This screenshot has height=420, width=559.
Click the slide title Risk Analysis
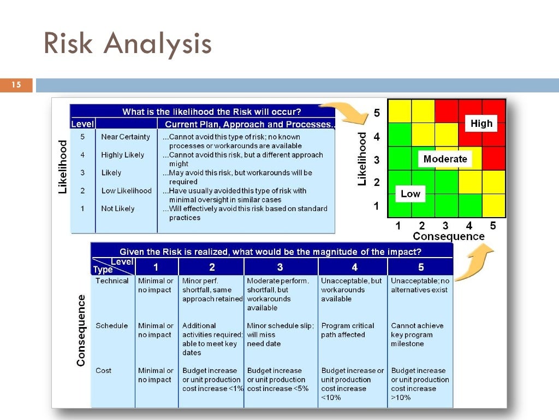pyautogui.click(x=128, y=44)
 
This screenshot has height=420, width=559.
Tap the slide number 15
pyautogui.click(x=16, y=85)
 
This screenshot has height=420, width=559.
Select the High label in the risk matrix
pyautogui.click(x=481, y=124)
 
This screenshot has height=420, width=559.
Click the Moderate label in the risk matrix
pyautogui.click(x=445, y=159)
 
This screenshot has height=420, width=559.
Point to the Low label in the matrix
pyautogui.click(x=411, y=194)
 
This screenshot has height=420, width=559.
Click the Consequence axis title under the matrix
pyautogui.click(x=448, y=236)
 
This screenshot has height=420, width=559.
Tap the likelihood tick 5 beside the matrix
pyautogui.click(x=377, y=113)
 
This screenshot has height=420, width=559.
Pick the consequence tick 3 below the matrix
pyautogui.click(x=445, y=225)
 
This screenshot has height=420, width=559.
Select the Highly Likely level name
pyautogui.click(x=123, y=155)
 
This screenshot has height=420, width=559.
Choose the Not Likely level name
pyautogui.click(x=117, y=208)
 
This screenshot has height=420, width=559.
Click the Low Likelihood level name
pyautogui.click(x=126, y=191)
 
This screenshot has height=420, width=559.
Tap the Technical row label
pyautogui.click(x=112, y=281)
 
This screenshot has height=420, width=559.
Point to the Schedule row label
pyautogui.click(x=111, y=326)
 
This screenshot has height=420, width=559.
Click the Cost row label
pyautogui.click(x=103, y=371)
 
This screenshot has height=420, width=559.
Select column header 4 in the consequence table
pyautogui.click(x=354, y=267)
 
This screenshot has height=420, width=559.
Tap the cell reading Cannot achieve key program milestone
pyautogui.click(x=418, y=335)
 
